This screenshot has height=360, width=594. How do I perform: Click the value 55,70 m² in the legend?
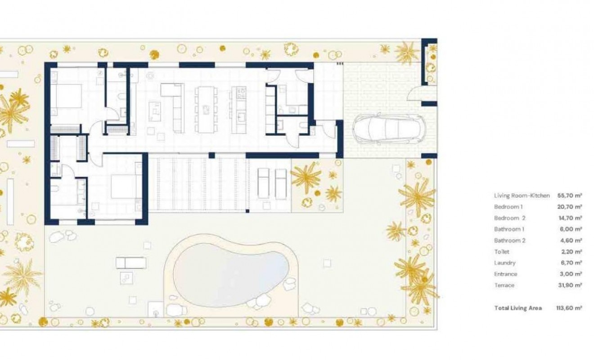(x=569, y=196)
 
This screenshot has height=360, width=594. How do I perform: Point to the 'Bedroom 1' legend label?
(x=508, y=207)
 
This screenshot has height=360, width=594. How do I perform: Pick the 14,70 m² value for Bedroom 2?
(x=569, y=218)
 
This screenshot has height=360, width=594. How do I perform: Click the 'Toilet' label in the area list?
(x=502, y=252)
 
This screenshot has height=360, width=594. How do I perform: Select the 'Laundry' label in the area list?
(x=504, y=263)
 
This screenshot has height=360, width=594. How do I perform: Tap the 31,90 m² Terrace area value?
(x=569, y=285)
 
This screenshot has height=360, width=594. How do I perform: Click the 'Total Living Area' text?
(x=518, y=308)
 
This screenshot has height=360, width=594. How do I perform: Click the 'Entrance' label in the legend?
(x=505, y=274)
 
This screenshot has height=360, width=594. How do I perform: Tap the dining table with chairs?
(x=206, y=109)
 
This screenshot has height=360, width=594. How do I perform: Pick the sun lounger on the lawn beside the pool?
(x=131, y=262)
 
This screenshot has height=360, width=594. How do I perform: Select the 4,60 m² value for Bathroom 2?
(x=569, y=241)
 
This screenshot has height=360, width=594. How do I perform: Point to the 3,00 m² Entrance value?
(x=569, y=274)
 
